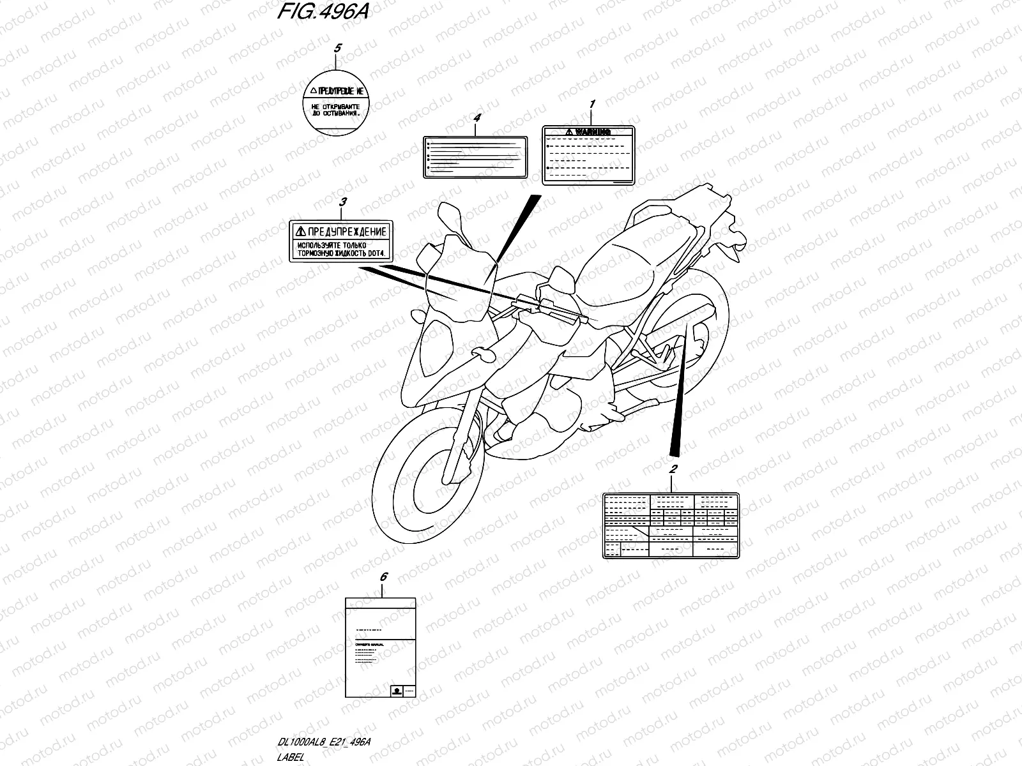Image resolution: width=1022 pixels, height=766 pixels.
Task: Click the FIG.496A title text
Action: tap(323, 13)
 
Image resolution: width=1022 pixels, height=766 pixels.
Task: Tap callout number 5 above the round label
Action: tap(338, 48)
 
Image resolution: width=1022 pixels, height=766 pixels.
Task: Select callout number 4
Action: tap(476, 118)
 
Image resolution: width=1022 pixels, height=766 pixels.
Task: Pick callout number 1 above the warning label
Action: tap(591, 104)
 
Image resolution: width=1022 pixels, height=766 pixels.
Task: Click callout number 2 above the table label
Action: tap(672, 470)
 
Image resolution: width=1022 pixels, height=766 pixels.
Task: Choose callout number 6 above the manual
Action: tap(383, 577)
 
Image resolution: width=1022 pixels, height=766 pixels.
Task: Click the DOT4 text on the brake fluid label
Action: tap(376, 253)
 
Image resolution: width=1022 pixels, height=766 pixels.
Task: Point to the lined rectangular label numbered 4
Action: tap(475, 156)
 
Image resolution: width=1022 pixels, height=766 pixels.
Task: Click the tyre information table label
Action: tap(671, 525)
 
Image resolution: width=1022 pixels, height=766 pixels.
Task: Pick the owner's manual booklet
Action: tap(381, 649)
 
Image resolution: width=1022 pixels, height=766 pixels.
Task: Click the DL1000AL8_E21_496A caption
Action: tap(324, 740)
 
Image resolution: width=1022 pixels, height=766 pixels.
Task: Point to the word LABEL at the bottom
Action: tap(292, 757)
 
